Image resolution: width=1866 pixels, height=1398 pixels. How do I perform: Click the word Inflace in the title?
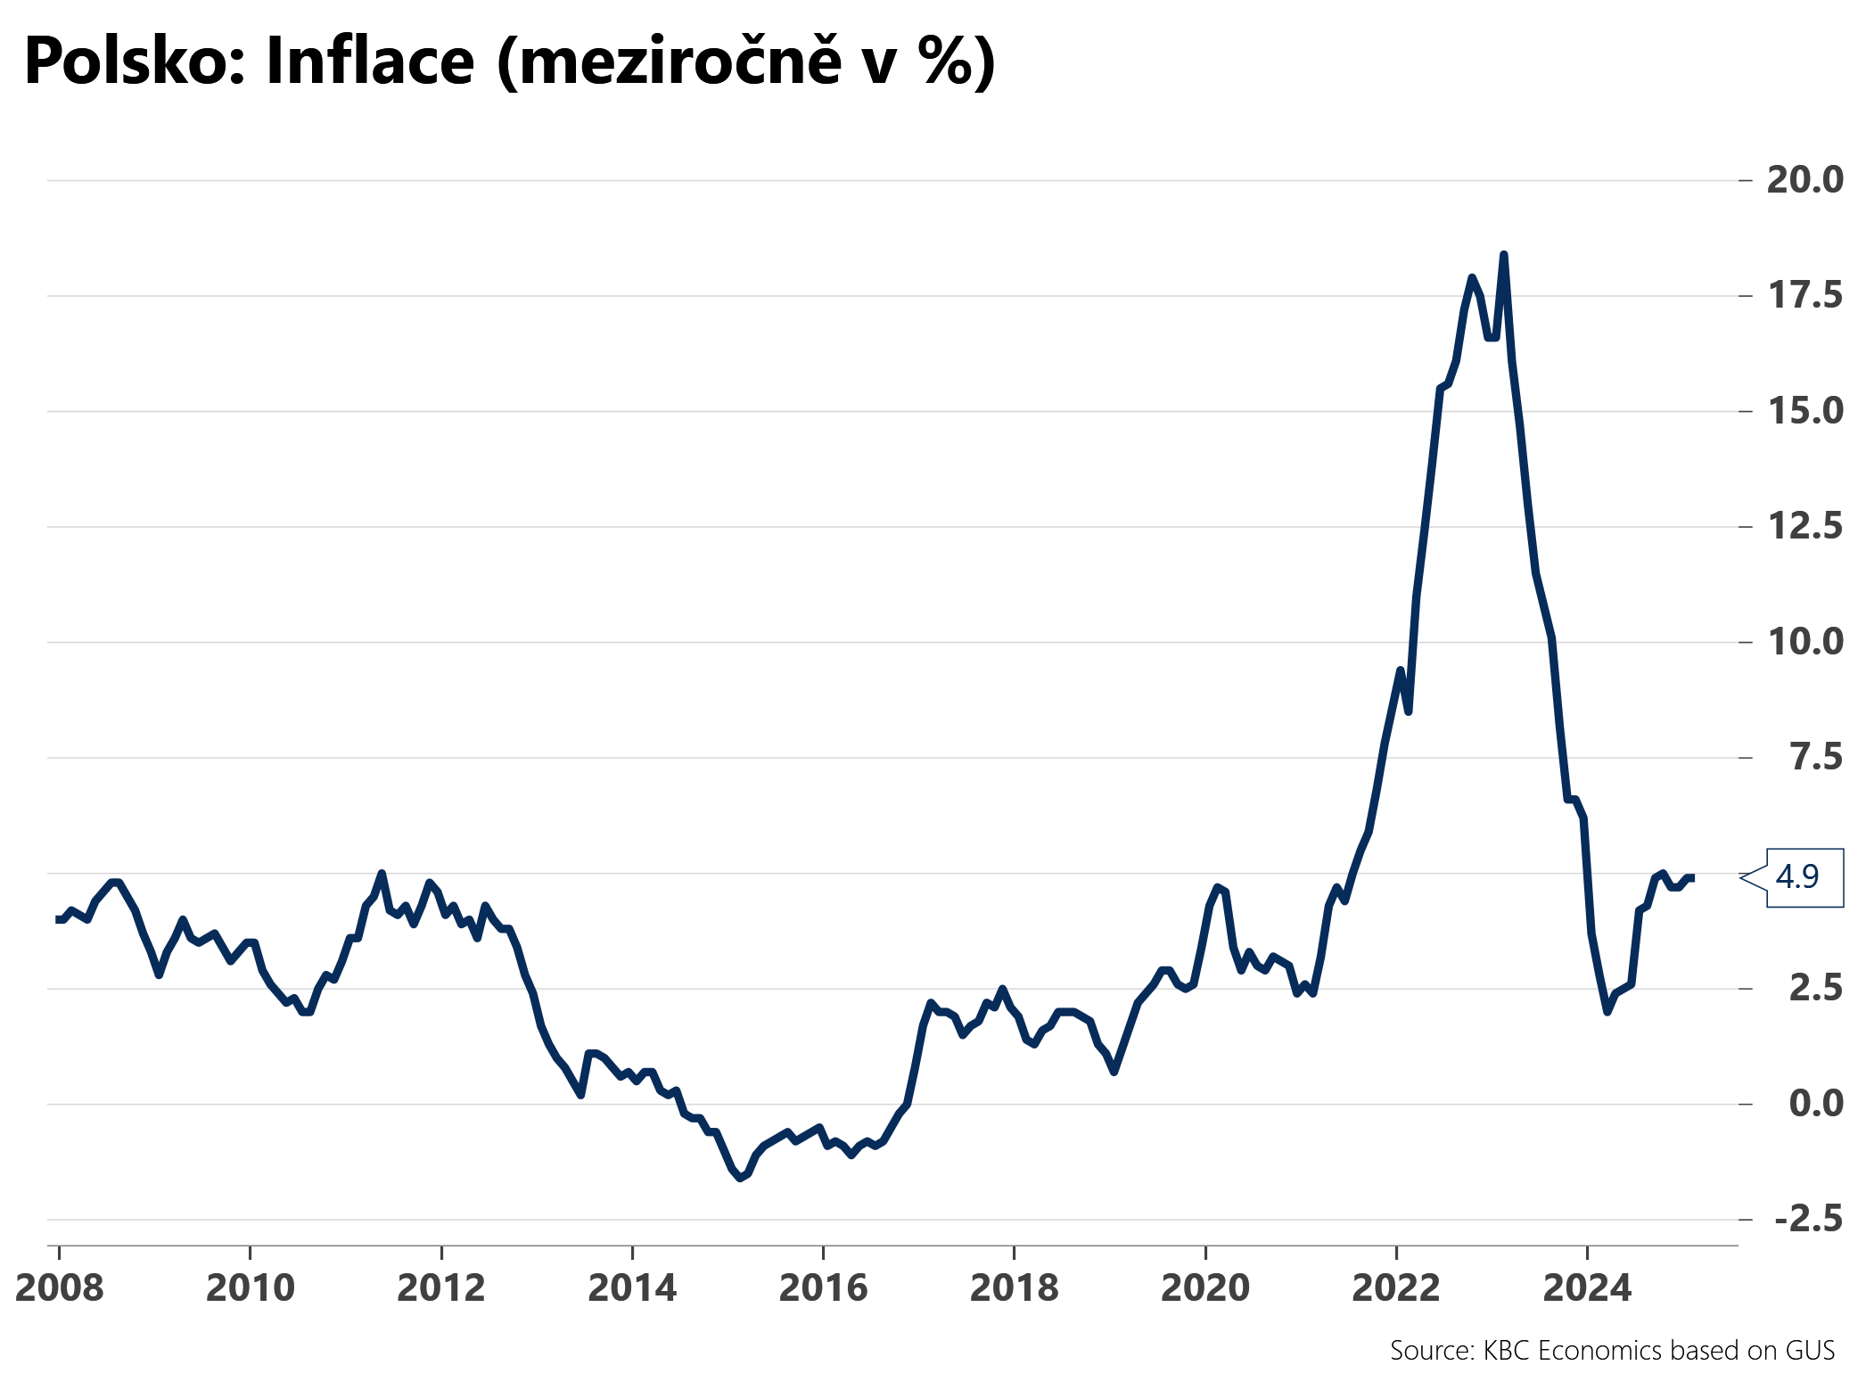pos(370,62)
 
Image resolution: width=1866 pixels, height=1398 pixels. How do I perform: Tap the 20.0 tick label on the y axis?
pos(1804,180)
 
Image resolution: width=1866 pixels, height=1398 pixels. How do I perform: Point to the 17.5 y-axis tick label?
pos(1804,295)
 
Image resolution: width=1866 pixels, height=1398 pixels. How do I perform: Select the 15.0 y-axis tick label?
pos(1804,411)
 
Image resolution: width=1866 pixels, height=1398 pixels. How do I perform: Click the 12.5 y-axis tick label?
pos(1804,526)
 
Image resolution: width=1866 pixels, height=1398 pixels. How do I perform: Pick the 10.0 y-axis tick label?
pos(1804,641)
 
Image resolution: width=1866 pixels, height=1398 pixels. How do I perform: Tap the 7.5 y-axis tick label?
pos(1815,757)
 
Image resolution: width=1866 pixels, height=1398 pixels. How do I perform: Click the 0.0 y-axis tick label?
pos(1815,1104)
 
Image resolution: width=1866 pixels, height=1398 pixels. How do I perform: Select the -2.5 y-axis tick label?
pos(1808,1219)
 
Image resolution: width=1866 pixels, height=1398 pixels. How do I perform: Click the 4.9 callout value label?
pos(1797,877)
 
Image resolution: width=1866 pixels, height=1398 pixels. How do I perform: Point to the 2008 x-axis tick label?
pos(60,1288)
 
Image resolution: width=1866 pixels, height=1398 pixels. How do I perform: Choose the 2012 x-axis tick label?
pos(441,1288)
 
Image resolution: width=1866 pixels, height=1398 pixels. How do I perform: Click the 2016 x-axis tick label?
pos(823,1288)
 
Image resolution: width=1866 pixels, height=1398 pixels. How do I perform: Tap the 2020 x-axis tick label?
pos(1205,1288)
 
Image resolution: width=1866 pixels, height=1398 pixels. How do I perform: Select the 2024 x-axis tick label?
pos(1587,1288)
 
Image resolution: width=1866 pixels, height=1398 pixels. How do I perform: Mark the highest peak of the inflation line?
pos(1503,255)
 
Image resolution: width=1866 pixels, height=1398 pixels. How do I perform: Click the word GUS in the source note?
pos(1810,1351)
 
